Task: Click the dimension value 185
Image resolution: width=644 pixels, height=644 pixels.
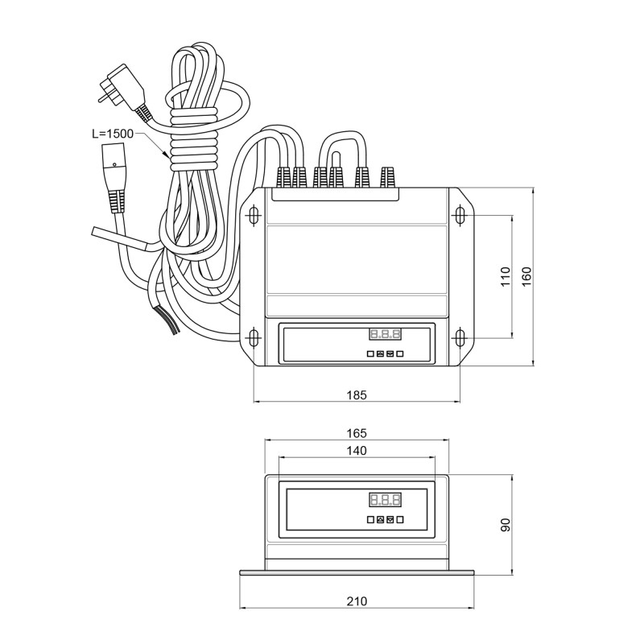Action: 357,394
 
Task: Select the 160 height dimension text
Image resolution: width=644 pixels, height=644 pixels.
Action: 526,275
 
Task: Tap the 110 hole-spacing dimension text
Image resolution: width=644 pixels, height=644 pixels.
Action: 506,277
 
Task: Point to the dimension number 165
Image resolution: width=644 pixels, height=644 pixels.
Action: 357,432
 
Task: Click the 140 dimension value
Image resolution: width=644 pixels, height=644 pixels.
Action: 356,451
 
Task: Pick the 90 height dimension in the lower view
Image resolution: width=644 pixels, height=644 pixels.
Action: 506,525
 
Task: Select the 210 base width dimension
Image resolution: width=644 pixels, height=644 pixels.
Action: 357,601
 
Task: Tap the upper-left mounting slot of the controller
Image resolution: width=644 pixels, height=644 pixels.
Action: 254,216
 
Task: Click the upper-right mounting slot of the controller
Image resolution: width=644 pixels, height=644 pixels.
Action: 460,216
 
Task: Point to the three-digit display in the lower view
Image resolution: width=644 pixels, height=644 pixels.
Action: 385,499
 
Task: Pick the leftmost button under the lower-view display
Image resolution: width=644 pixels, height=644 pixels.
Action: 370,520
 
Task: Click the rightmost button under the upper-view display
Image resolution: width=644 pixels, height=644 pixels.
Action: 400,353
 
